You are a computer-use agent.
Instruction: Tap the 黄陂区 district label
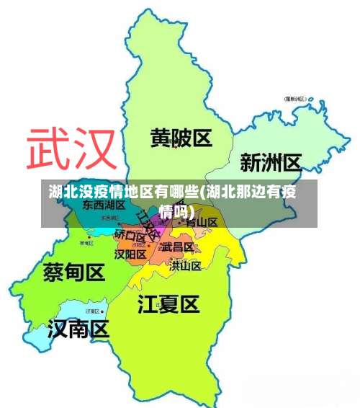pos(181,138)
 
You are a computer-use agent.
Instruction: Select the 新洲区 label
pos(270,162)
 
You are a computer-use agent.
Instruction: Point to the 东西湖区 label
pos(104,205)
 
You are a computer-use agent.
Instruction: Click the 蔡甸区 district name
pos(74,272)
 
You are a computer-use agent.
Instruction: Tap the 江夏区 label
pos(168,304)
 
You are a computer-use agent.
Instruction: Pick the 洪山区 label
pos(185,265)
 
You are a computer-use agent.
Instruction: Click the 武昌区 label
pos(177,247)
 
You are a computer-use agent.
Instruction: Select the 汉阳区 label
pos(131,254)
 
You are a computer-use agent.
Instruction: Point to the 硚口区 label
pos(130,234)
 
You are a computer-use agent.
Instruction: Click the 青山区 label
pos(202,222)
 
